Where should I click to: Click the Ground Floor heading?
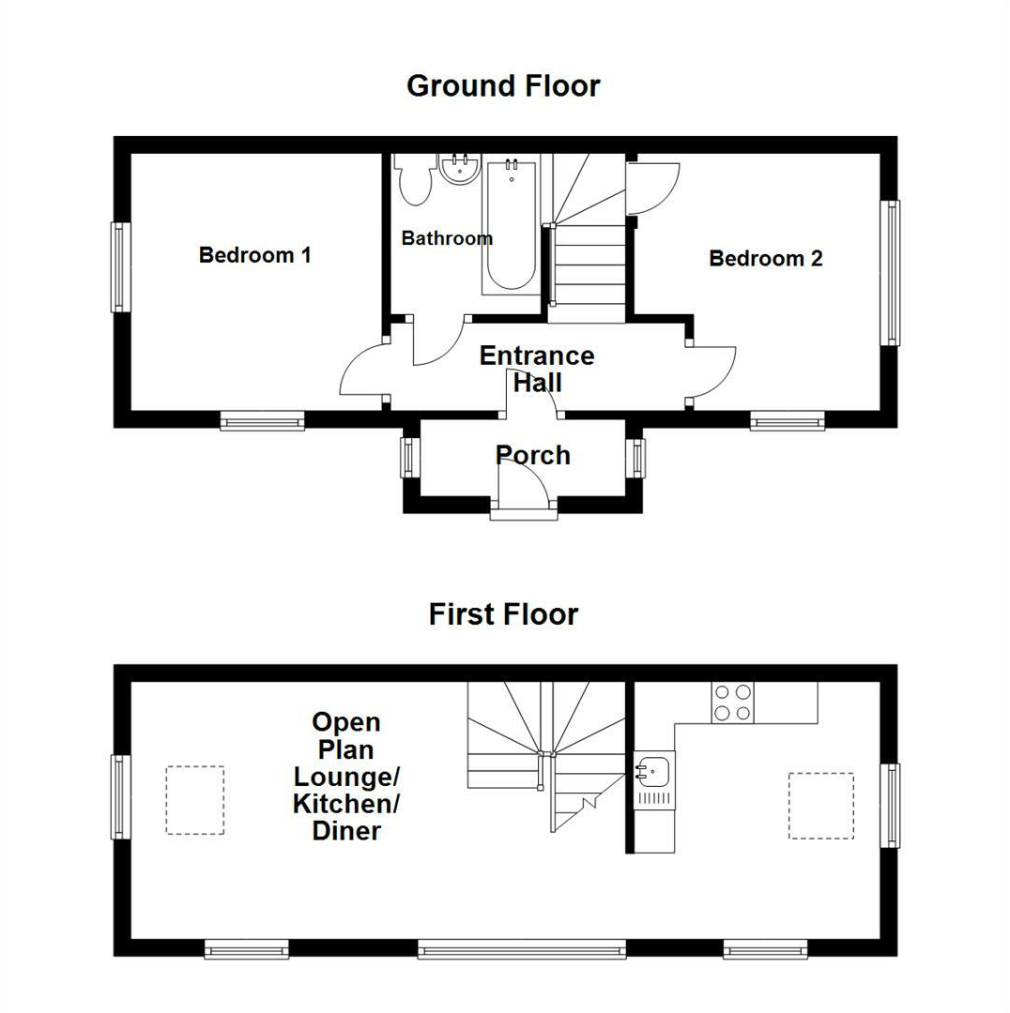pos(503,86)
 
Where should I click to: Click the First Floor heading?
pos(503,614)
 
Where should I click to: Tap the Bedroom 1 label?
pos(254,255)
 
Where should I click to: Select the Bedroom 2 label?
pos(765,259)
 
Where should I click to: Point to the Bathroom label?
pos(447,238)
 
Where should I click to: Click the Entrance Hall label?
pos(536,369)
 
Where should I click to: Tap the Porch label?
pos(532,456)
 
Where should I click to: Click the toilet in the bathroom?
pos(413,179)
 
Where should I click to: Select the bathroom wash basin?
pos(459,169)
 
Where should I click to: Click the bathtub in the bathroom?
pos(512,226)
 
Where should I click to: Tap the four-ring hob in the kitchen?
pos(733,702)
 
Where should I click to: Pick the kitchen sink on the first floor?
pos(653,771)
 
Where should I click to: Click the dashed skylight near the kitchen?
pos(820,805)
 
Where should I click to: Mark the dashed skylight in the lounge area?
pos(195,800)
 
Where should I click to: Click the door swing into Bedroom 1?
pos(361,375)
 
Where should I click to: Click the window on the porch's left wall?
pos(408,457)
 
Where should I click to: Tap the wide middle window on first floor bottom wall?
pos(522,950)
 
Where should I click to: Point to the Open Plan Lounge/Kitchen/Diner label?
pos(346,777)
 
